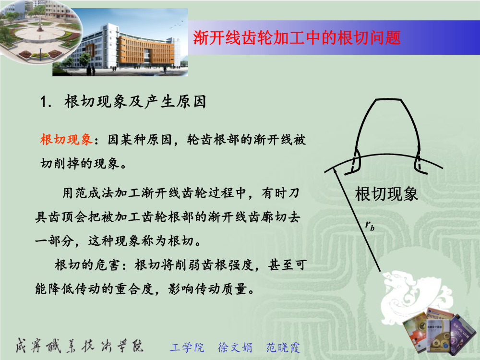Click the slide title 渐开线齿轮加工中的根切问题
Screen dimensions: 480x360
pos(297,37)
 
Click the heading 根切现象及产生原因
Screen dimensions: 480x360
pos(135,101)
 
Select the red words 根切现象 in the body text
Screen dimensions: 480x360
pos(66,140)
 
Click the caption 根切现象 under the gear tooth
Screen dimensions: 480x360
pos(386,194)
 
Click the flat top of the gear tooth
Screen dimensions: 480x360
pos(388,99)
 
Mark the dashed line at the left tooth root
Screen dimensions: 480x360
pos(355,161)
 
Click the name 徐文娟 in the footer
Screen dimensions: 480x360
pos(235,348)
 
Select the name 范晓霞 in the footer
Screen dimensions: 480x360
pos(283,348)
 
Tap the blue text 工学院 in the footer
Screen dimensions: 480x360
pos(187,348)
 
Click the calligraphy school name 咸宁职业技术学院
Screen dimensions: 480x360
pos(80,346)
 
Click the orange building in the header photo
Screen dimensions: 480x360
pos(146,50)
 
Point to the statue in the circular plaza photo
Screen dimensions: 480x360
pos(40,25)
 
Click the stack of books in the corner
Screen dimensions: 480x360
pos(440,331)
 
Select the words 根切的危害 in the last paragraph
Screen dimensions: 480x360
pos(86,265)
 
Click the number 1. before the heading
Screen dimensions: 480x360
pos(46,102)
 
